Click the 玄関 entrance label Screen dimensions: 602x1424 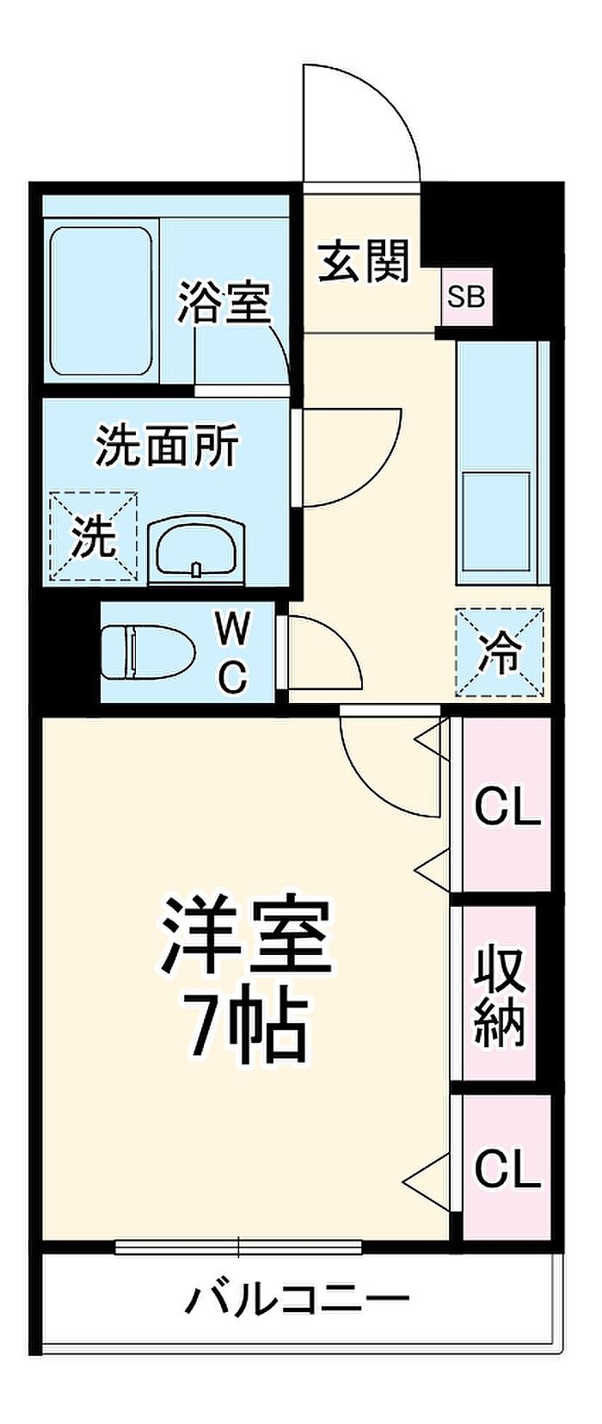pyautogui.click(x=363, y=262)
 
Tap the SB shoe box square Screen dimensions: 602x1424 pyautogui.click(x=467, y=298)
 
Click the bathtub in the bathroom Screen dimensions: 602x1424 pyautogui.click(x=101, y=301)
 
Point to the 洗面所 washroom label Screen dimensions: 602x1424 pyautogui.click(x=167, y=446)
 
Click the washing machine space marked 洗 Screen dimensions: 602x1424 pyautogui.click(x=94, y=535)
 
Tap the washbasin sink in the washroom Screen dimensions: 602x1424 pyautogui.click(x=196, y=549)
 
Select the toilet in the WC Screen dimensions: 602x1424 pyautogui.click(x=149, y=652)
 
